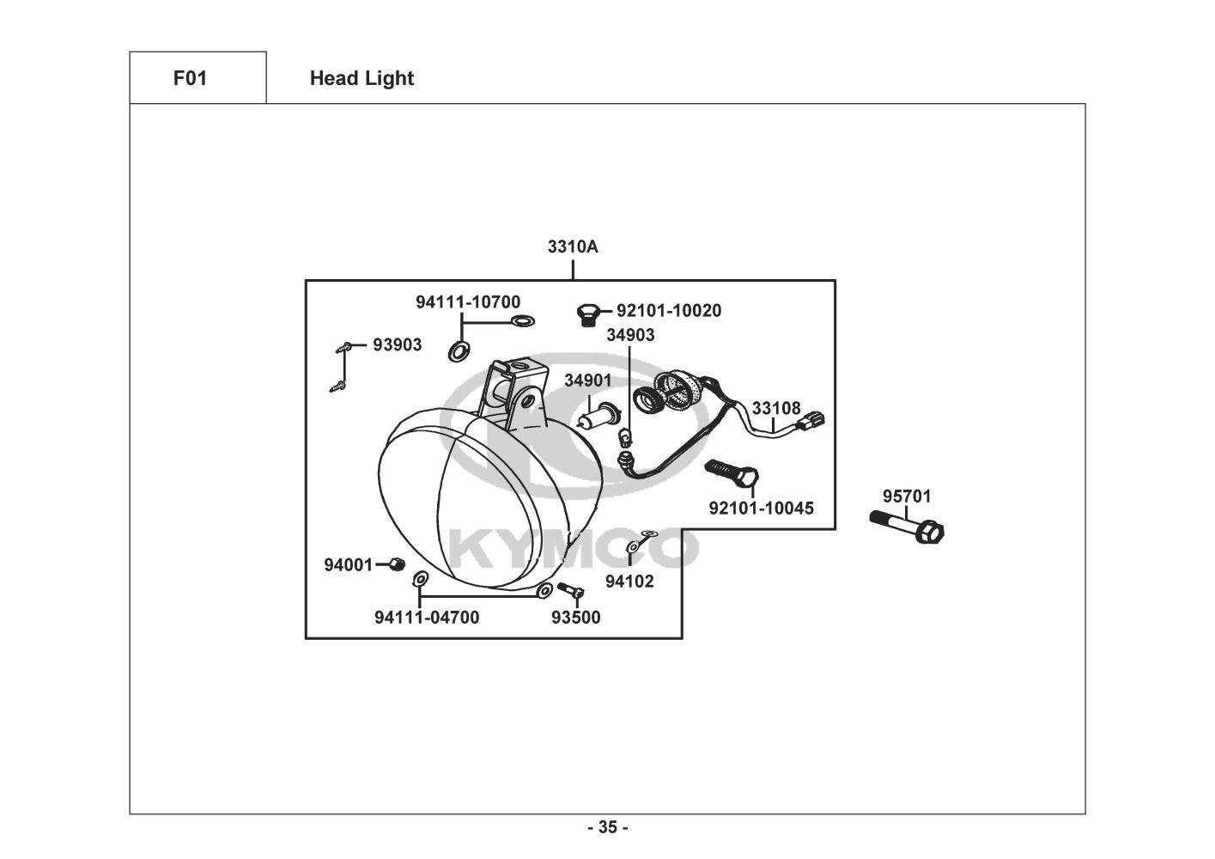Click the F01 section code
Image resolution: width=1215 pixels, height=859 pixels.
pyautogui.click(x=190, y=78)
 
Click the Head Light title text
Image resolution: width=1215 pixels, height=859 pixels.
pyautogui.click(x=361, y=78)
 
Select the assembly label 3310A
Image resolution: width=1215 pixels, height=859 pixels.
pyautogui.click(x=573, y=247)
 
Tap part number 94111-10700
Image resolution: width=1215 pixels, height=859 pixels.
pyautogui.click(x=468, y=302)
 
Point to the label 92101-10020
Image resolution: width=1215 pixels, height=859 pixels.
pyautogui.click(x=669, y=310)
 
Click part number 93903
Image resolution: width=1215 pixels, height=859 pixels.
pyautogui.click(x=398, y=344)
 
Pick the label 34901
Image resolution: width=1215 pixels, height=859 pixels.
pyautogui.click(x=588, y=380)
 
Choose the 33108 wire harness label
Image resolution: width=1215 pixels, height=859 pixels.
pyautogui.click(x=776, y=408)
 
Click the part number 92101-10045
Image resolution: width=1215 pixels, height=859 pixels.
pyautogui.click(x=761, y=508)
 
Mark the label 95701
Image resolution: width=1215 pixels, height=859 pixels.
pyautogui.click(x=907, y=496)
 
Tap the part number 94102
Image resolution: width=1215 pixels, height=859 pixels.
pyautogui.click(x=629, y=581)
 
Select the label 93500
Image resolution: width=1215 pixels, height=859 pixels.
pyautogui.click(x=576, y=617)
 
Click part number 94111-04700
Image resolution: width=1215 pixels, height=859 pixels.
pyautogui.click(x=427, y=617)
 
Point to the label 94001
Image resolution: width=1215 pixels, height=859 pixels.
pyautogui.click(x=348, y=564)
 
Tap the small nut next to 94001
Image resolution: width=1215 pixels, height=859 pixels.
pyautogui.click(x=397, y=564)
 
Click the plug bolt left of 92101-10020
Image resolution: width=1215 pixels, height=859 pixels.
pyautogui.click(x=587, y=314)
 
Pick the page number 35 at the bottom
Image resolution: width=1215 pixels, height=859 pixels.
pyautogui.click(x=607, y=827)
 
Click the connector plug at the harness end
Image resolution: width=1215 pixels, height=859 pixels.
pyautogui.click(x=812, y=421)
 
